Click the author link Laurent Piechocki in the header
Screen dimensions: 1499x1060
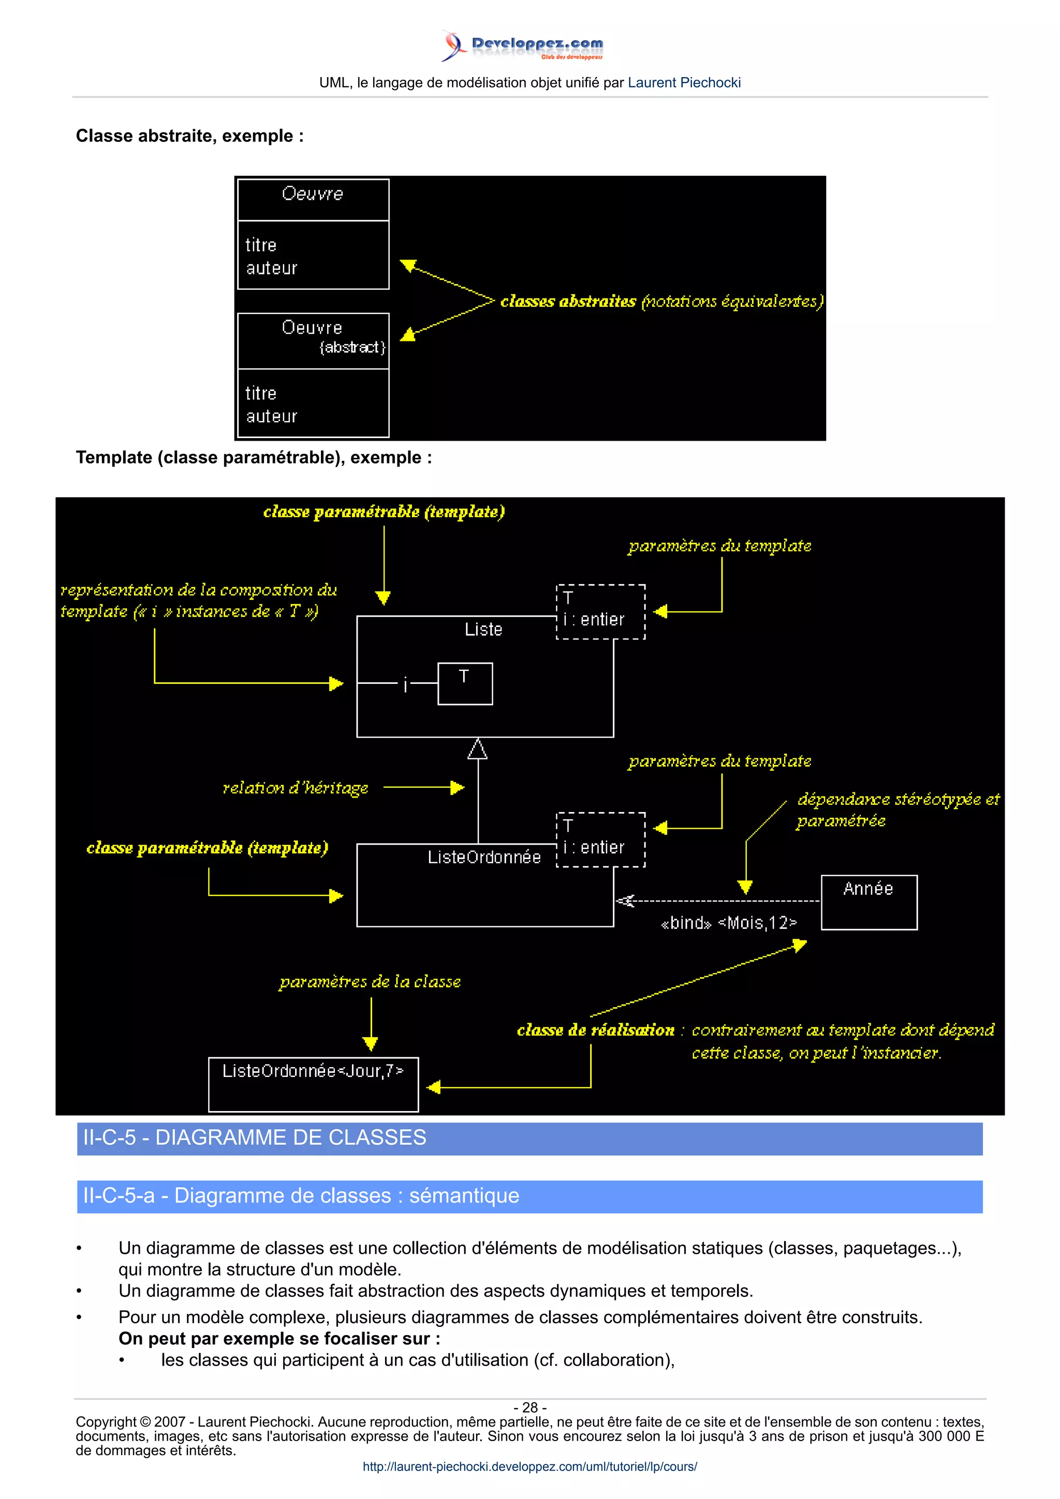tap(683, 83)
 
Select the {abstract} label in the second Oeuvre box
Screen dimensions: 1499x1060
tap(352, 347)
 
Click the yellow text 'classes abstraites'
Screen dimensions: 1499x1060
tap(568, 301)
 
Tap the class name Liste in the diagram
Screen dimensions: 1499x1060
tap(483, 629)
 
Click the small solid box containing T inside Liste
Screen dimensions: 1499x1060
tap(464, 684)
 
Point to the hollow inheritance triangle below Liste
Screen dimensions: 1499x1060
tap(477, 750)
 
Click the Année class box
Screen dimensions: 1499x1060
tap(868, 902)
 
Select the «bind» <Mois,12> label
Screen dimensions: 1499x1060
tap(728, 922)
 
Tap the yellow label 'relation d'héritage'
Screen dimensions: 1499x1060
tap(295, 788)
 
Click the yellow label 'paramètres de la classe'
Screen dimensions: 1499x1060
tap(370, 982)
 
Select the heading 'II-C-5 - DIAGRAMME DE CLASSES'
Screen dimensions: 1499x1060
tap(255, 1138)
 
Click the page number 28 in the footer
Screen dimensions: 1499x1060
tap(529, 1407)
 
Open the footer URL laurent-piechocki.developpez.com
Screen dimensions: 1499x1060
tap(529, 1466)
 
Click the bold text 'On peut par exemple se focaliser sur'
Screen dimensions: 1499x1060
tap(279, 1339)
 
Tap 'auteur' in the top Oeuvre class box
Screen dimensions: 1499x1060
tap(271, 268)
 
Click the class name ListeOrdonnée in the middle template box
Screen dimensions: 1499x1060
tap(484, 857)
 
